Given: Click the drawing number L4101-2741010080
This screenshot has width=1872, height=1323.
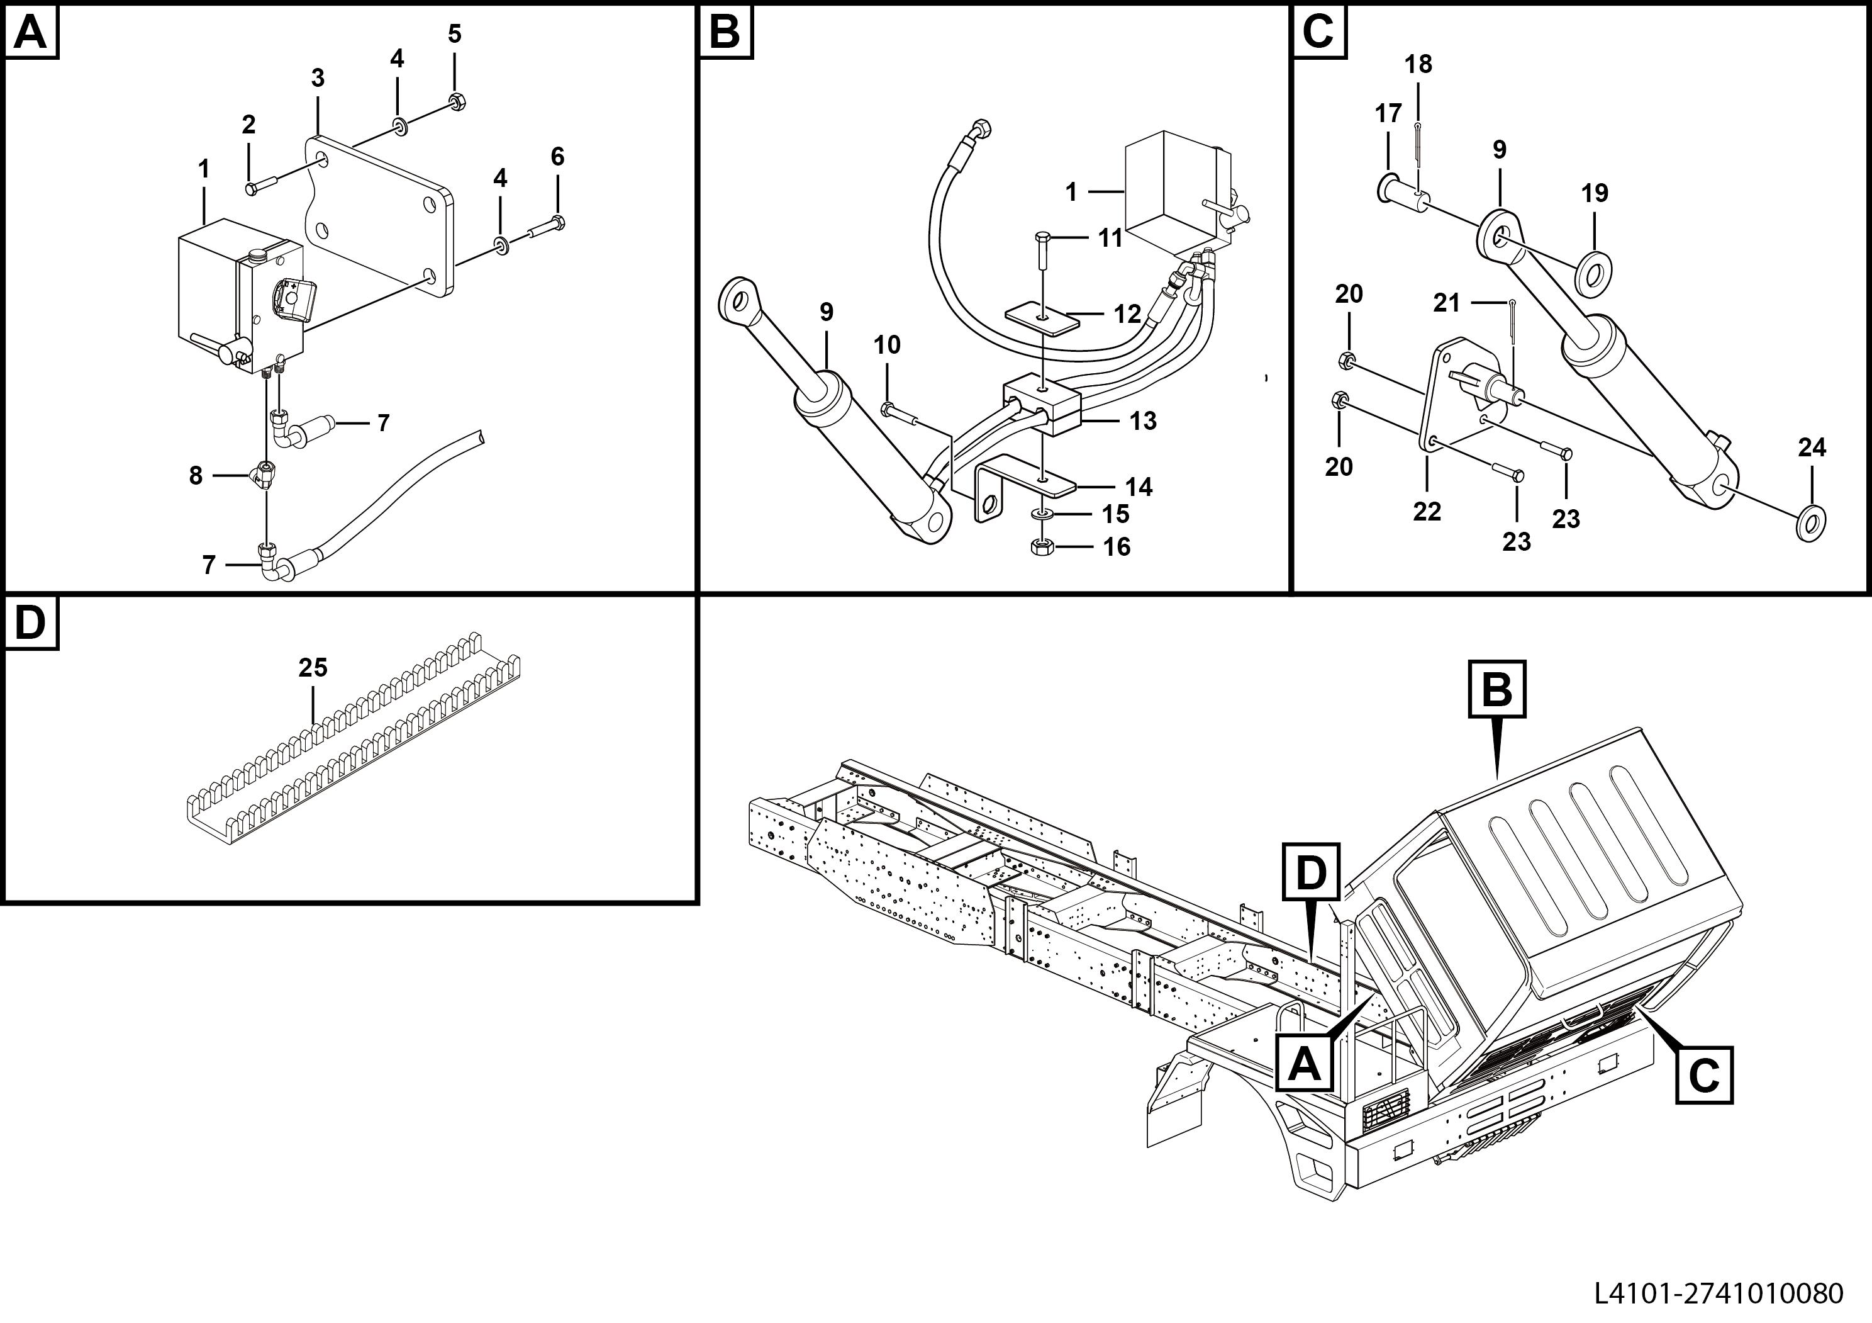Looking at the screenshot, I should click(1718, 1293).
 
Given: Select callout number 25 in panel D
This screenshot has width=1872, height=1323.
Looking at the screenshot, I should click(312, 668).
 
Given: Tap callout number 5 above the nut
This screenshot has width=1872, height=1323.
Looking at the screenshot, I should click(454, 34).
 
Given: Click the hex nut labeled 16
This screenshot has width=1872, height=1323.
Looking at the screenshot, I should click(1041, 546).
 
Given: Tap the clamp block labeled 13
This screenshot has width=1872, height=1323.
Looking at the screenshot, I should click(1042, 405).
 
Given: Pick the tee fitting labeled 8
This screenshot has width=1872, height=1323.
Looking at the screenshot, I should click(265, 473).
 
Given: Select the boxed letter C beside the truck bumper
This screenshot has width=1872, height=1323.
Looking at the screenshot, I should click(1704, 1076).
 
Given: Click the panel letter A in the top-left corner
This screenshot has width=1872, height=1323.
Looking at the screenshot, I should click(31, 33).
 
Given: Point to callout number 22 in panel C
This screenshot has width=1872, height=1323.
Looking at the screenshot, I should click(1427, 512).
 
